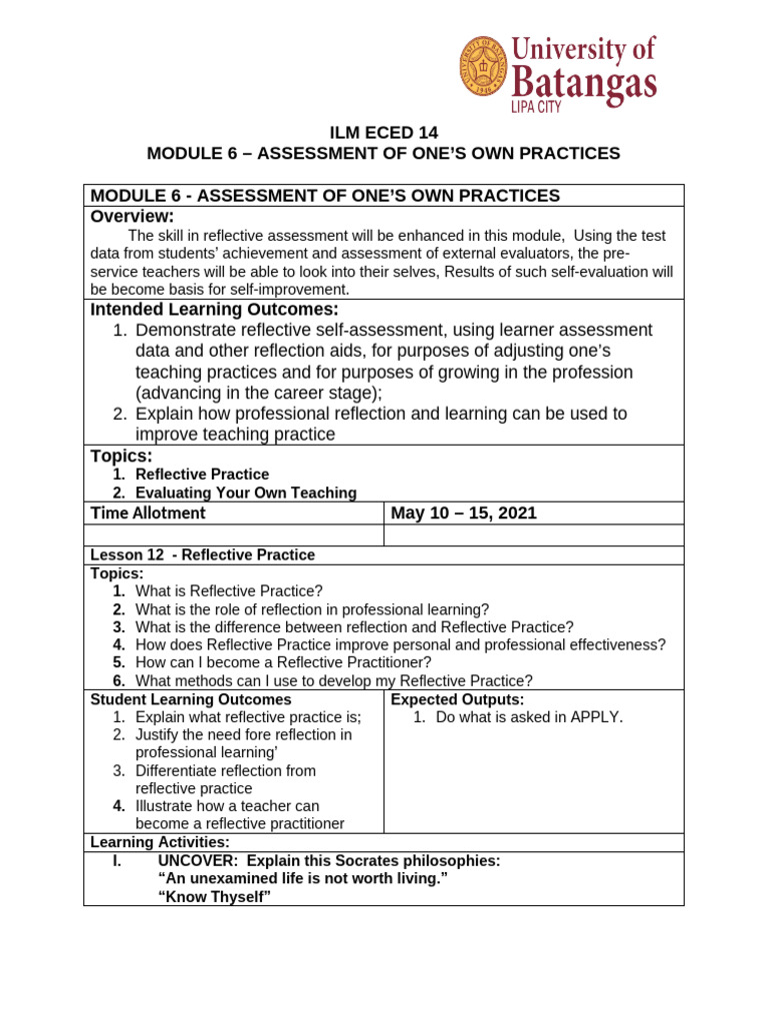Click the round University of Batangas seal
coord(484,67)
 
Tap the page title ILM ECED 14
coord(384,133)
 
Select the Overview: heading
coord(132,217)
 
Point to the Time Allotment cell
coord(148,512)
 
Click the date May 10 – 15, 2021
coord(463,512)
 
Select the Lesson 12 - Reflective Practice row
coord(203,554)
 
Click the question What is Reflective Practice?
coord(229,590)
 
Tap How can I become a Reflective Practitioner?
coord(283,662)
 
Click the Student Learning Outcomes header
coord(191,699)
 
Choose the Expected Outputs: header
coord(457,699)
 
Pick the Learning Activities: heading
coord(160,842)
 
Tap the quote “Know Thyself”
coord(215,896)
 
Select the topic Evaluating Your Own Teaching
coord(246,493)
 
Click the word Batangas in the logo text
coord(584,79)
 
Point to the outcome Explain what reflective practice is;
coord(248,717)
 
